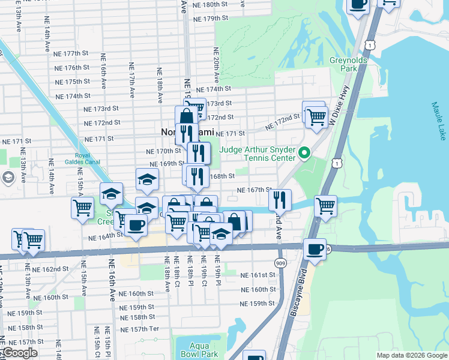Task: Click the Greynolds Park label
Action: click(x=343, y=64)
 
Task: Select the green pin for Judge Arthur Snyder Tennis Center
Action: click(x=304, y=154)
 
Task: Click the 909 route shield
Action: click(x=280, y=262)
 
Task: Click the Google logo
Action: click(x=20, y=353)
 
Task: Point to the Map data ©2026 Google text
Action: click(x=411, y=355)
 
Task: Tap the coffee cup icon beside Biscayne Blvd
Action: click(x=315, y=249)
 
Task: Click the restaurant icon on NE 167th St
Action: click(x=280, y=200)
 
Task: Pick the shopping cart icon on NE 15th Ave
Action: click(x=82, y=208)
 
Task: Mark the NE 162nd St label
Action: click(x=52, y=269)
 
